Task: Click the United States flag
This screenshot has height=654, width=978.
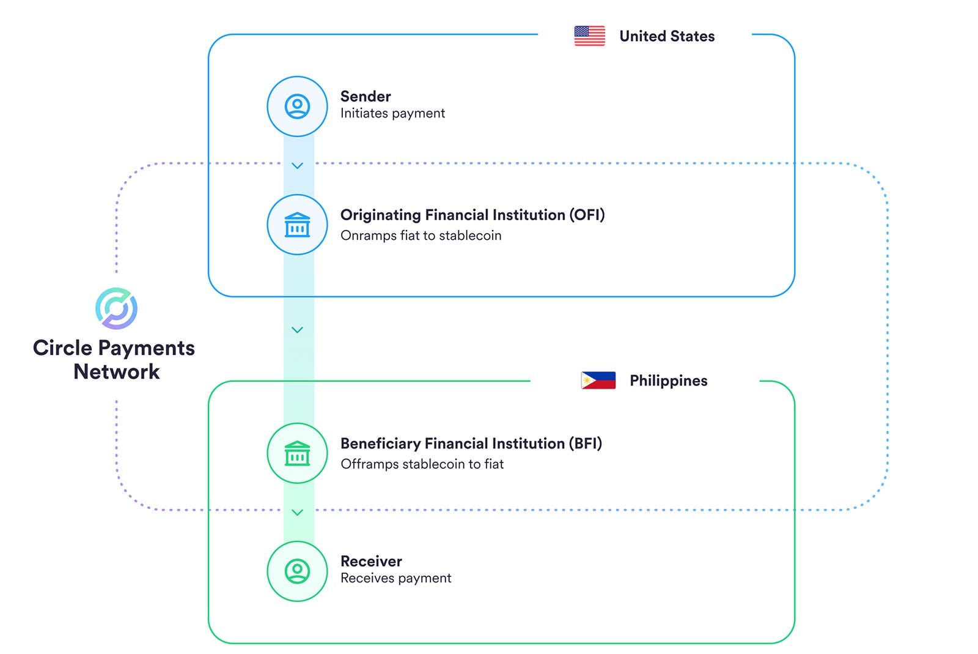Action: click(589, 36)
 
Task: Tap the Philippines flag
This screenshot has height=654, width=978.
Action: click(598, 381)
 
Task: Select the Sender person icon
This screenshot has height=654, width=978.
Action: click(298, 106)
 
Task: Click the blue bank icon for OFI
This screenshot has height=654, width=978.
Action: click(298, 225)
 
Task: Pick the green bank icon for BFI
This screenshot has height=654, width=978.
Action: click(298, 453)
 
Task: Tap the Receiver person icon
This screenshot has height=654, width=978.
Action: click(298, 571)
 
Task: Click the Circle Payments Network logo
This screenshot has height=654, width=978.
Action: click(116, 308)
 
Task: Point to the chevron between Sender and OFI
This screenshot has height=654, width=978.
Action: click(298, 166)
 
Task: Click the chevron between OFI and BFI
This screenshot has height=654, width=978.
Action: click(298, 330)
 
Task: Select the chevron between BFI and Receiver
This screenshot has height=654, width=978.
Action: click(298, 512)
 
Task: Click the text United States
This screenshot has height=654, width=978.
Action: click(667, 36)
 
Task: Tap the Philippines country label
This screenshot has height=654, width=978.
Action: click(668, 381)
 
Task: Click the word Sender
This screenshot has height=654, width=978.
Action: click(366, 96)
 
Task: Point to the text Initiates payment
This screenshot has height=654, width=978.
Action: click(392, 113)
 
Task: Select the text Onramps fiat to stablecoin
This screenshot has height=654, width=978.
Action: click(421, 236)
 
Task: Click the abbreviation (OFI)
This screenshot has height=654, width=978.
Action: click(587, 215)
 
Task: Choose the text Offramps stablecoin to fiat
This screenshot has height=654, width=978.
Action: click(422, 464)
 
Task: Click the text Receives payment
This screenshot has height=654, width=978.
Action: click(395, 578)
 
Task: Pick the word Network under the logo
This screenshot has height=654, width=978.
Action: click(116, 371)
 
